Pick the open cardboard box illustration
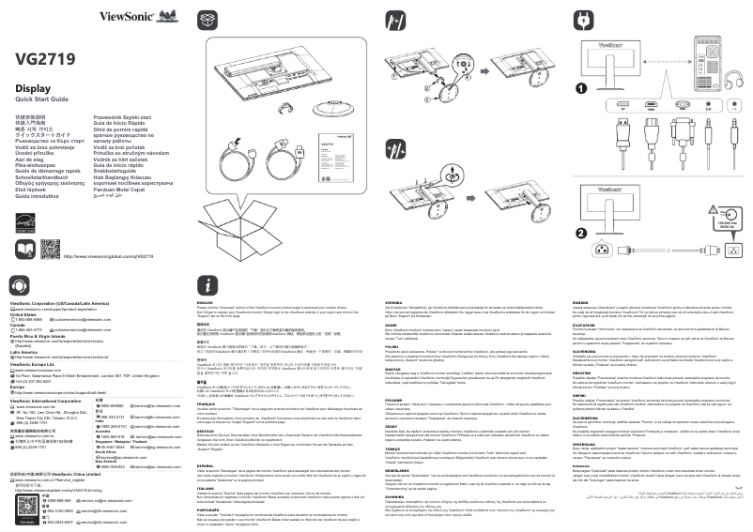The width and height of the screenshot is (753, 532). click(259, 215)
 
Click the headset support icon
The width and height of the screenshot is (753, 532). click(18, 285)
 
